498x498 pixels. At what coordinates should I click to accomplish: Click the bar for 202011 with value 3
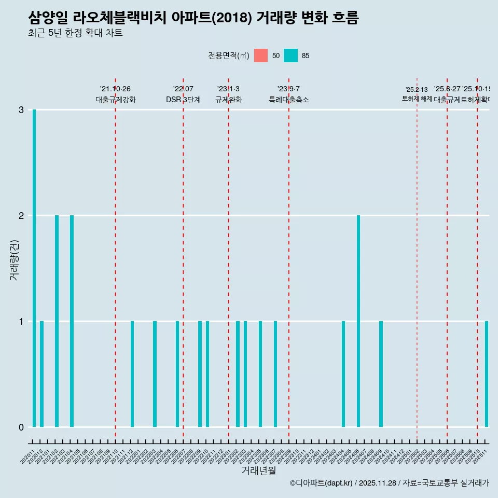pos(34,268)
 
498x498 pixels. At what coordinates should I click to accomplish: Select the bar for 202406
pos(358,321)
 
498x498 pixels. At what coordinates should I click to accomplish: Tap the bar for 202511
pos(487,374)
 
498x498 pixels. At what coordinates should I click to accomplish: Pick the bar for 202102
pos(57,321)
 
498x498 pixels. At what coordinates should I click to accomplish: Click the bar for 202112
pos(132,374)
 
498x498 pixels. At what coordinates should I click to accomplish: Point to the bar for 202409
pos(381,374)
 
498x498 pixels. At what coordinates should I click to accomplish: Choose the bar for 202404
pos(343,374)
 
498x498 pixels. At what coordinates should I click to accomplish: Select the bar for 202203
pos(155,374)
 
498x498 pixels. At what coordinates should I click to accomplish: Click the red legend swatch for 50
pos(261,56)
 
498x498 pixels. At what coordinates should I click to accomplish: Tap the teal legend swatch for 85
pos(291,56)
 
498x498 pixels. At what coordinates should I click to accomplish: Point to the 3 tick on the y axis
pos(21,110)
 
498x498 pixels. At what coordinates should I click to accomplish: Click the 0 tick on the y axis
pos(21,427)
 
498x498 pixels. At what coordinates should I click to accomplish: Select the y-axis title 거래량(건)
pos(15,260)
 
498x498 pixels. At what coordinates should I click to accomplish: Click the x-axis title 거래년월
pos(258,471)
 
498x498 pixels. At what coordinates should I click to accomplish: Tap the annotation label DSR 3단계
pos(183,100)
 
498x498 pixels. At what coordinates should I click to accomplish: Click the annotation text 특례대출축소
pos(288,100)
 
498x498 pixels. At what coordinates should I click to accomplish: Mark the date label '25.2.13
pos(417,90)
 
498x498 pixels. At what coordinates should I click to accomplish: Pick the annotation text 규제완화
pos(228,100)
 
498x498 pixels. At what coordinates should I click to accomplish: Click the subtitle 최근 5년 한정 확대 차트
pos(75,33)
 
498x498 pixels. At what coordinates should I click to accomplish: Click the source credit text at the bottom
pos(389,483)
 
